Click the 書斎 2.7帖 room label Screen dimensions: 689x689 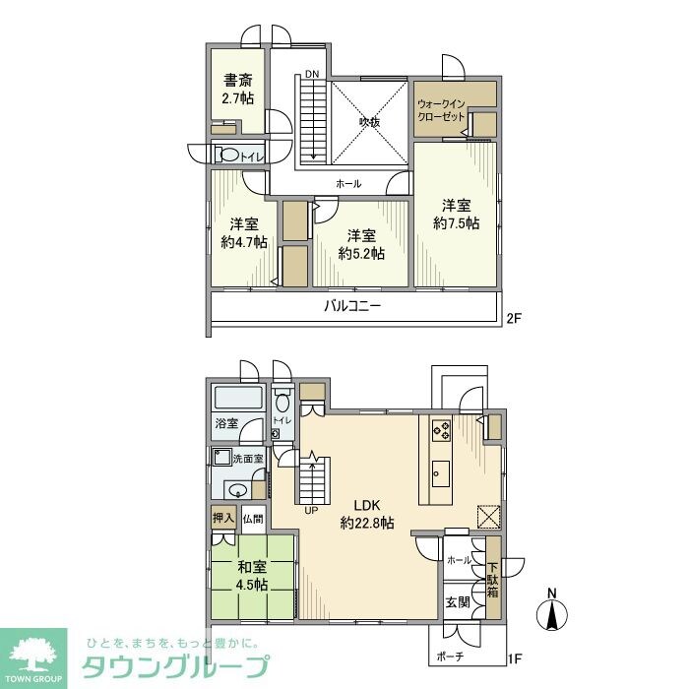[237, 90]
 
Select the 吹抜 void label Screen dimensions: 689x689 [369, 123]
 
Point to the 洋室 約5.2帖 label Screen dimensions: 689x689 [361, 244]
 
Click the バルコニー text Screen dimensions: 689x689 [352, 306]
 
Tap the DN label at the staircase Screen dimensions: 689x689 [312, 75]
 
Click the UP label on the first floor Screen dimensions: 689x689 [311, 511]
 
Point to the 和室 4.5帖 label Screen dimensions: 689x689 [252, 575]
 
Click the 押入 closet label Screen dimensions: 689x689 [223, 517]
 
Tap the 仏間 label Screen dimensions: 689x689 [253, 518]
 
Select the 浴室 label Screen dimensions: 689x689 [226, 423]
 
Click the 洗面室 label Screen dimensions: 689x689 [247, 459]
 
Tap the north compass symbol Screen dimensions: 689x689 [552, 612]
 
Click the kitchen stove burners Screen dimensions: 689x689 [441, 430]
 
